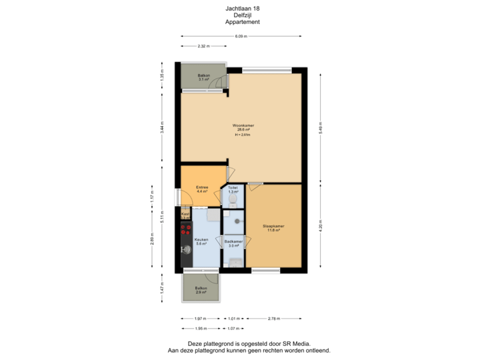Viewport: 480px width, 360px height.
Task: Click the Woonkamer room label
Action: [x=243, y=125]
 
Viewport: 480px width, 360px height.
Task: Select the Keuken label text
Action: [x=201, y=239]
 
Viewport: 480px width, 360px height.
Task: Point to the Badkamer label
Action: [x=233, y=241]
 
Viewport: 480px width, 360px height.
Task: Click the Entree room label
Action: [x=203, y=187]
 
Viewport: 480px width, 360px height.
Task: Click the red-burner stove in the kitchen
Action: [x=185, y=230]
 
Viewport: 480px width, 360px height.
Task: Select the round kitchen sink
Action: [x=185, y=251]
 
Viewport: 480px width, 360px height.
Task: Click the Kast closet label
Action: [x=185, y=214]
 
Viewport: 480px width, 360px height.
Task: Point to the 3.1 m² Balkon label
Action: [x=204, y=76]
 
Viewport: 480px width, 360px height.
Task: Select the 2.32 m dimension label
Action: [x=203, y=46]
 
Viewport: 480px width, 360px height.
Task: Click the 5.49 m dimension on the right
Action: [x=321, y=126]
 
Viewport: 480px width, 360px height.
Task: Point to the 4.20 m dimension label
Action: [x=321, y=226]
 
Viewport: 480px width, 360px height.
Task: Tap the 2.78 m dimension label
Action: [x=273, y=319]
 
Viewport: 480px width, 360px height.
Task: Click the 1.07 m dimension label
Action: [x=233, y=328]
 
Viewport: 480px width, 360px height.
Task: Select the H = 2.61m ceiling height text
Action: [x=243, y=135]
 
